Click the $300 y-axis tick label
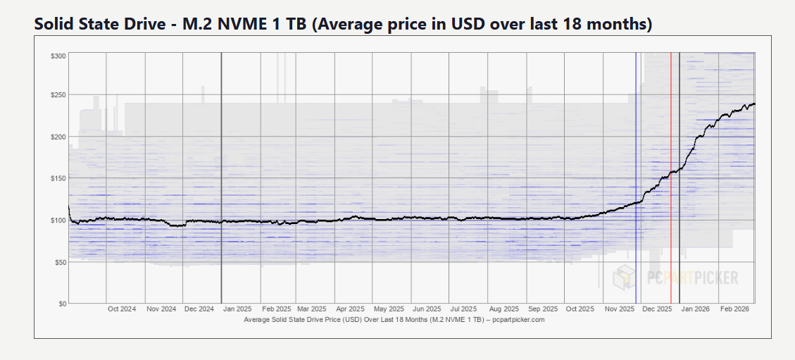click(x=58, y=55)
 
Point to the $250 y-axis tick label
click(x=58, y=95)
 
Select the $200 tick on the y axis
click(x=58, y=136)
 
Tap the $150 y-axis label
click(x=58, y=178)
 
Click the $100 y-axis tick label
click(x=58, y=220)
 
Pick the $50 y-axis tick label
click(x=60, y=262)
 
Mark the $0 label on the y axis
click(x=62, y=304)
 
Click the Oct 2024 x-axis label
click(x=122, y=309)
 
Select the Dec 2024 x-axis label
click(x=199, y=309)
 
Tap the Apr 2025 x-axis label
click(x=350, y=309)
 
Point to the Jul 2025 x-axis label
click(x=464, y=309)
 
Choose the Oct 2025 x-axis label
click(x=580, y=309)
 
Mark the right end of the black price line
click(x=754, y=104)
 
